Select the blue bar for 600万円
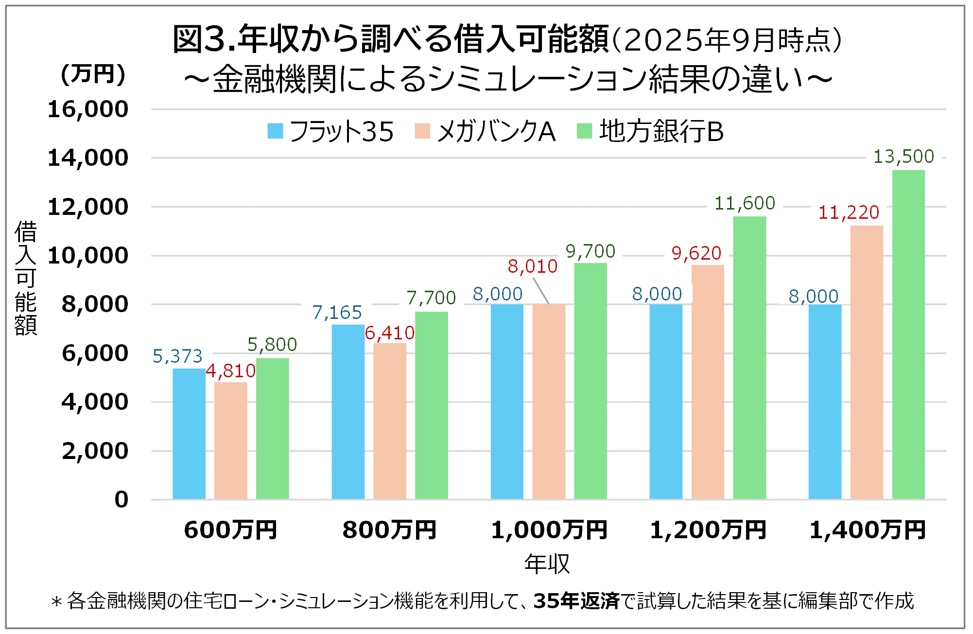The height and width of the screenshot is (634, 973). (x=189, y=434)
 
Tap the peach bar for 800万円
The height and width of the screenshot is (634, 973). (x=389, y=421)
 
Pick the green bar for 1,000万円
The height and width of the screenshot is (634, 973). (x=590, y=381)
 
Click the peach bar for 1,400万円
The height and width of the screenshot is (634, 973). (x=866, y=362)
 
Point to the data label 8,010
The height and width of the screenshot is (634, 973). (x=532, y=266)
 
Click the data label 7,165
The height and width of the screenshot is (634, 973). (x=337, y=313)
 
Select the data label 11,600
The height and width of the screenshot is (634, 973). (x=744, y=203)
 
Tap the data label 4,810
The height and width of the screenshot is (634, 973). (x=230, y=371)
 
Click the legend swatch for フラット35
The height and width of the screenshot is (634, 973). (x=275, y=131)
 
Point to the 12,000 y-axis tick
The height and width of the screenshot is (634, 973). (x=88, y=207)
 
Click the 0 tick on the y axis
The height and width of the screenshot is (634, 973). (x=122, y=500)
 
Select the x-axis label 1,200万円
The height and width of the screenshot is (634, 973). (x=708, y=530)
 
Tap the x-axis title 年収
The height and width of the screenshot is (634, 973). (x=547, y=564)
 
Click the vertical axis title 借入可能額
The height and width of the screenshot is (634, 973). (x=25, y=278)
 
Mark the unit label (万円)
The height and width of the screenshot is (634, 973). (x=93, y=74)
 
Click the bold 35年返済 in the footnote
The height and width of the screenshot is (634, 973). (x=576, y=601)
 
